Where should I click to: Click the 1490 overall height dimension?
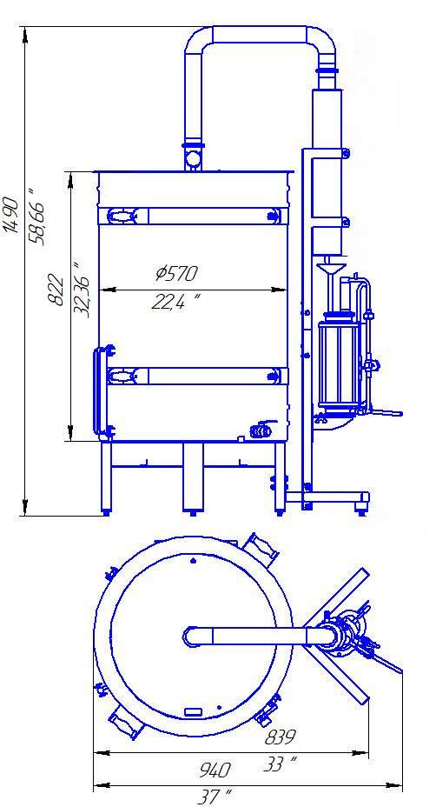click(x=11, y=215)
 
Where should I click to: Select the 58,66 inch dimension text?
click(x=38, y=217)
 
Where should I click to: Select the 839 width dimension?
click(x=281, y=737)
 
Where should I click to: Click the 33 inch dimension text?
click(x=281, y=764)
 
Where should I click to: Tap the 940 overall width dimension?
click(x=214, y=770)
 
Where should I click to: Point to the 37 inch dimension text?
click(x=214, y=797)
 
